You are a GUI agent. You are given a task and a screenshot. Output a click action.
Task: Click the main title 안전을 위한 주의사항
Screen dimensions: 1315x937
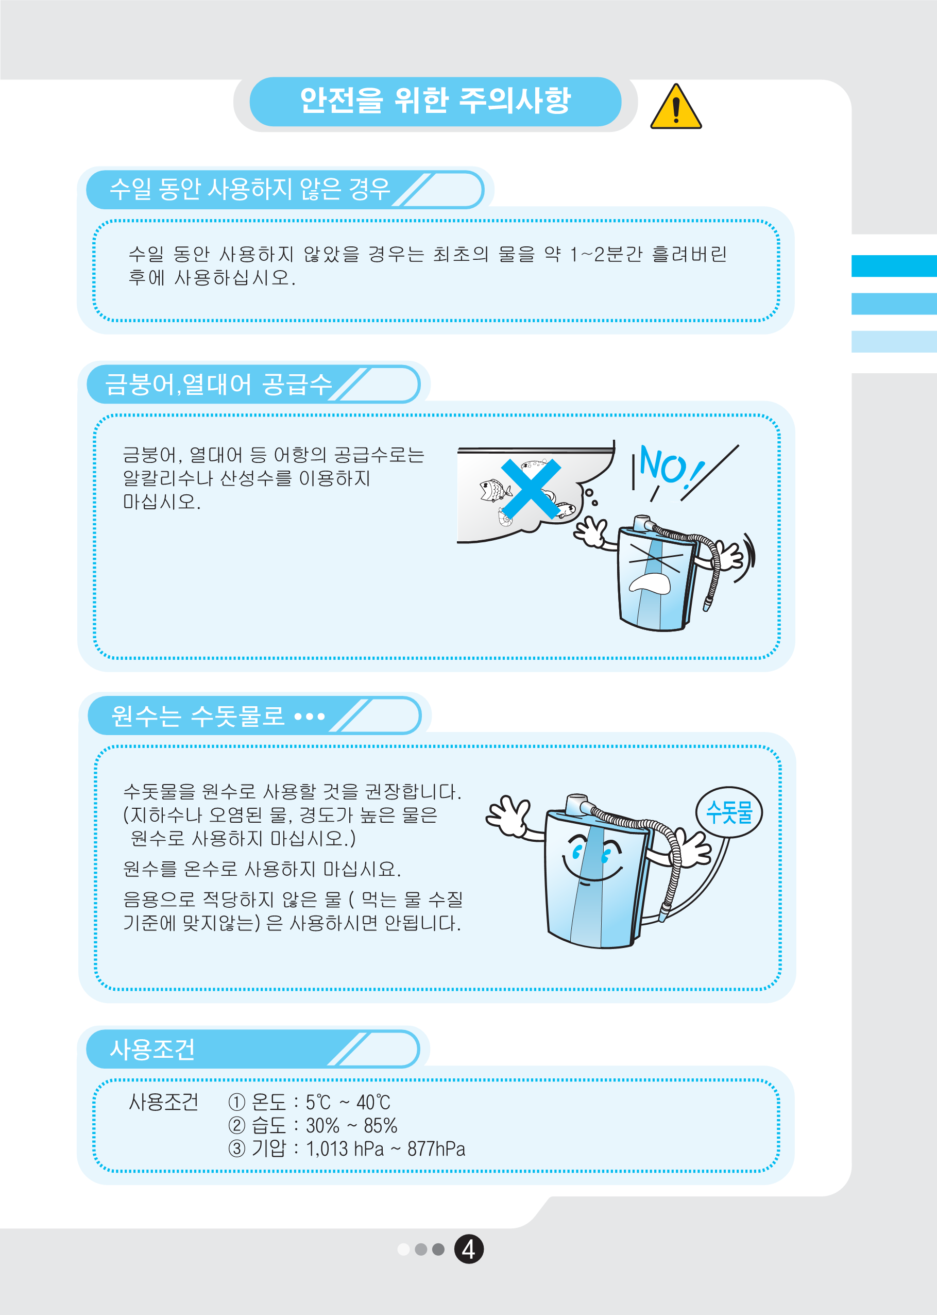click(435, 101)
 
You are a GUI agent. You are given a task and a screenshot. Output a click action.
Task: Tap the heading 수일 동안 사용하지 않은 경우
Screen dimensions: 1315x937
click(250, 189)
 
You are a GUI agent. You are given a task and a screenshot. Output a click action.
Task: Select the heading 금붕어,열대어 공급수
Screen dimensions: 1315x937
click(218, 384)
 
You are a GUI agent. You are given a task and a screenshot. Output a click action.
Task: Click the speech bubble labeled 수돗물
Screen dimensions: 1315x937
click(729, 811)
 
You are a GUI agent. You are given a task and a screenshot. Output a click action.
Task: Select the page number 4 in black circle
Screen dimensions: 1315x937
click(469, 1249)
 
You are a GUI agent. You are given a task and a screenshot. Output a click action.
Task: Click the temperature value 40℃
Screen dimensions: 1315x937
click(373, 1103)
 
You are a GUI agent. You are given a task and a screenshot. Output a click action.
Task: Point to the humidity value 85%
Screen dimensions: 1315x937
click(380, 1126)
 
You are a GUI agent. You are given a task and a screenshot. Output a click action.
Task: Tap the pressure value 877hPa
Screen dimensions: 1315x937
click(436, 1148)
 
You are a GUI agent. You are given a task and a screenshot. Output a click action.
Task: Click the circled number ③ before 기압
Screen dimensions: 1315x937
click(236, 1148)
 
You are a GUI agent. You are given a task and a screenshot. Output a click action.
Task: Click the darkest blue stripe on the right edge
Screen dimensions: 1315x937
click(894, 266)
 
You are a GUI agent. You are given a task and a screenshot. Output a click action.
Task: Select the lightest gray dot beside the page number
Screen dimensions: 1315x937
click(403, 1249)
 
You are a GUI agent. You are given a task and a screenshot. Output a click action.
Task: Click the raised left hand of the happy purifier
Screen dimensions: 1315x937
click(509, 814)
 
